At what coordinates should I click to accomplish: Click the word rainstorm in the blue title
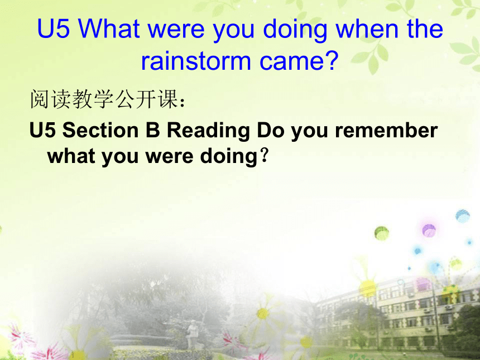[196, 61]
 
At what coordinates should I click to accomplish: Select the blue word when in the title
[367, 29]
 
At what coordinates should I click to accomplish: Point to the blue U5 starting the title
[53, 29]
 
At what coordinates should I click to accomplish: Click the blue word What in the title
[109, 29]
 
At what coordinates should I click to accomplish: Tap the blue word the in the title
[425, 29]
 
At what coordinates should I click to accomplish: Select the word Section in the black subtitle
[100, 130]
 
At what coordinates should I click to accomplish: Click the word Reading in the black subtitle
[208, 132]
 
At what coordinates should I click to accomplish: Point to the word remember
[386, 130]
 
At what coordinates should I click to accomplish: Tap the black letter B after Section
[153, 130]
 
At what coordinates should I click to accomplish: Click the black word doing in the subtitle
[229, 157]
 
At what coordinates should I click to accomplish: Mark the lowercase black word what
[71, 156]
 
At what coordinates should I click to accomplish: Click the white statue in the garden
[193, 334]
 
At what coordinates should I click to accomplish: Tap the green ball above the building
[381, 233]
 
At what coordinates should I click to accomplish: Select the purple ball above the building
[429, 230]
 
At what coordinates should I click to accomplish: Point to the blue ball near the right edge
[462, 215]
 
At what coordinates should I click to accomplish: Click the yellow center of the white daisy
[263, 314]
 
